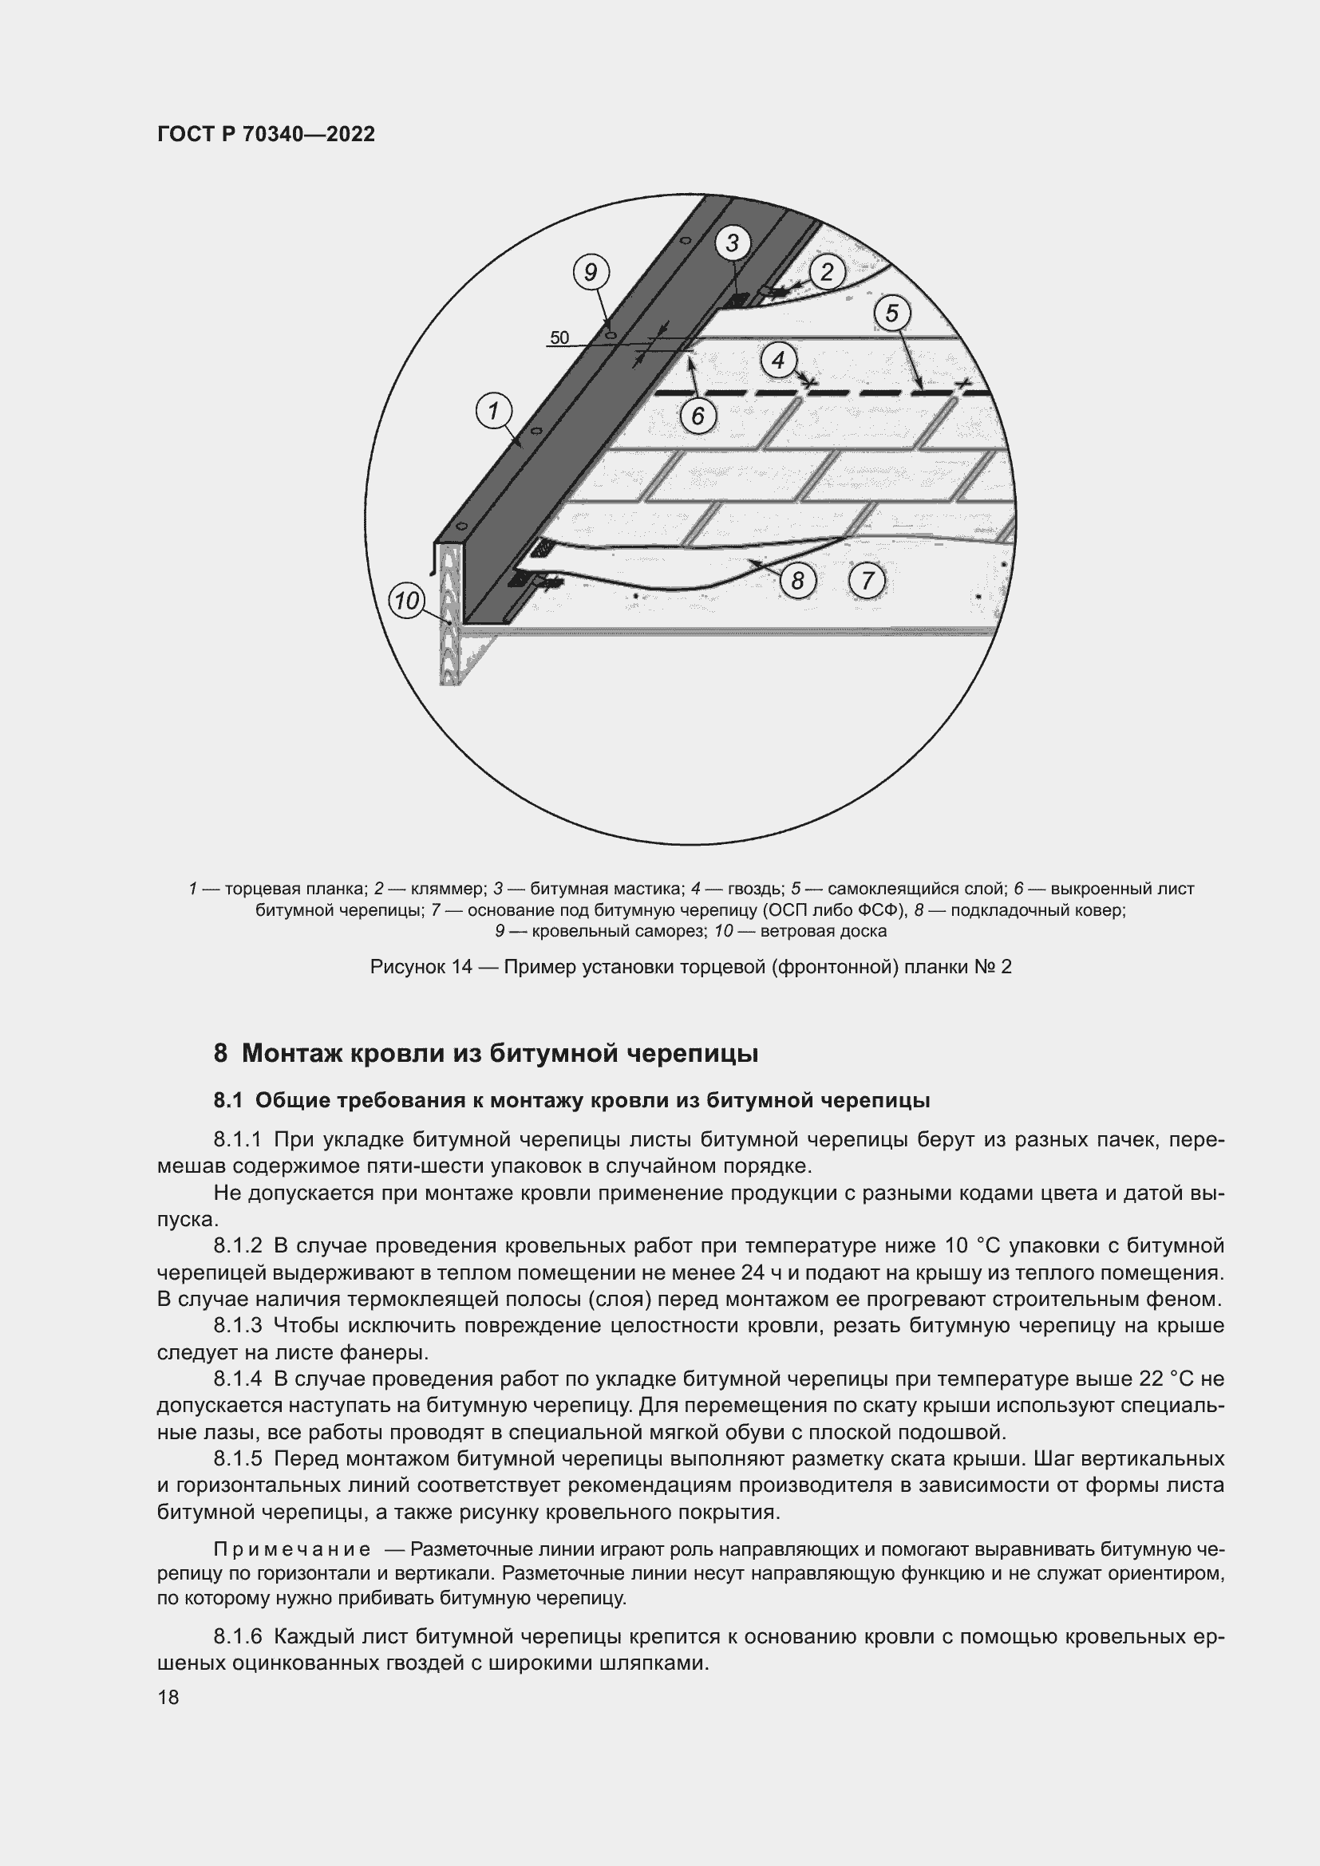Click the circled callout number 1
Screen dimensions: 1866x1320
pyautogui.click(x=492, y=412)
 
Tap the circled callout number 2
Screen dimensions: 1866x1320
pyautogui.click(x=827, y=272)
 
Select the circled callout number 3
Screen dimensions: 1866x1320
pyautogui.click(x=733, y=243)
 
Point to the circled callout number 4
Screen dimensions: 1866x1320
pyautogui.click(x=779, y=359)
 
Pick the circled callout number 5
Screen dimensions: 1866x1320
pyautogui.click(x=891, y=313)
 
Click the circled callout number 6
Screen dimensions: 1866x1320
pyautogui.click(x=698, y=416)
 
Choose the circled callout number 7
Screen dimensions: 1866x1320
pyautogui.click(x=867, y=580)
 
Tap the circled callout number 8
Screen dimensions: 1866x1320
pyautogui.click(x=797, y=580)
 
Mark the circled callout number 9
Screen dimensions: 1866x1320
pyautogui.click(x=591, y=272)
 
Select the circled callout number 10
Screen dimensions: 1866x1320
pyautogui.click(x=406, y=602)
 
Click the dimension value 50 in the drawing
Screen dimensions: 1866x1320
pyautogui.click(x=559, y=338)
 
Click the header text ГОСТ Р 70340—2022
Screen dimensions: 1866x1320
pyautogui.click(x=266, y=135)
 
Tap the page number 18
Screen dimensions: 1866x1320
pyautogui.click(x=168, y=1697)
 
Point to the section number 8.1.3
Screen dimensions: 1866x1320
pyautogui.click(x=238, y=1326)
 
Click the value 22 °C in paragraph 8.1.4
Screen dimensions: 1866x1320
pyautogui.click(x=1163, y=1379)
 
